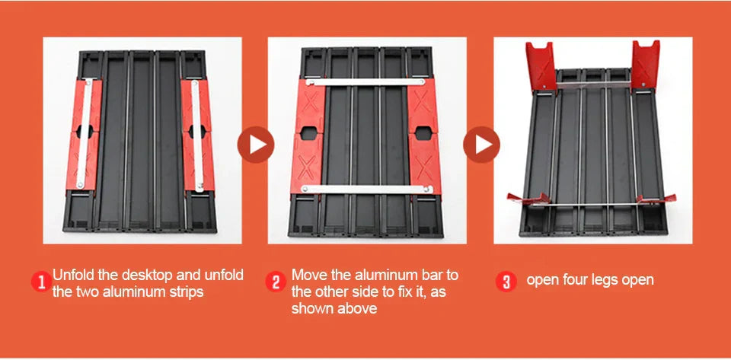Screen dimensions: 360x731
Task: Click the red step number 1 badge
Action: [x=40, y=283]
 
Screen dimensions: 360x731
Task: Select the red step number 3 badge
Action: [x=506, y=282]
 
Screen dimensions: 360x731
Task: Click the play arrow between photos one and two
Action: [x=255, y=145]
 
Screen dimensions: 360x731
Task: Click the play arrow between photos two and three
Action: [x=481, y=145]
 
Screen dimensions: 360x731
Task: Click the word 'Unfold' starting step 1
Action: [x=74, y=275]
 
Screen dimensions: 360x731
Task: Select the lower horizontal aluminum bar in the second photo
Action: [x=364, y=188]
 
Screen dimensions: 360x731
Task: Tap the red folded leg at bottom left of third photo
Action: [x=528, y=200]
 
